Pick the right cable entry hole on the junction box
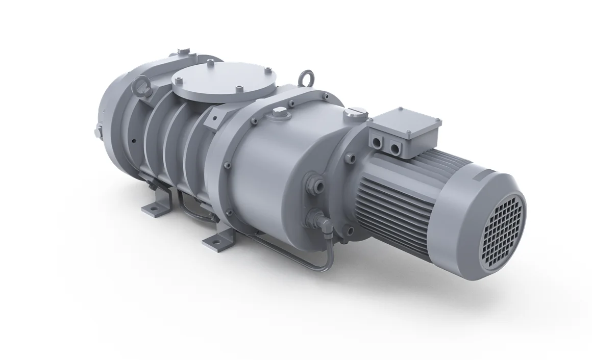[x=395, y=148]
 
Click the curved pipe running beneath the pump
[x=286, y=255]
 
